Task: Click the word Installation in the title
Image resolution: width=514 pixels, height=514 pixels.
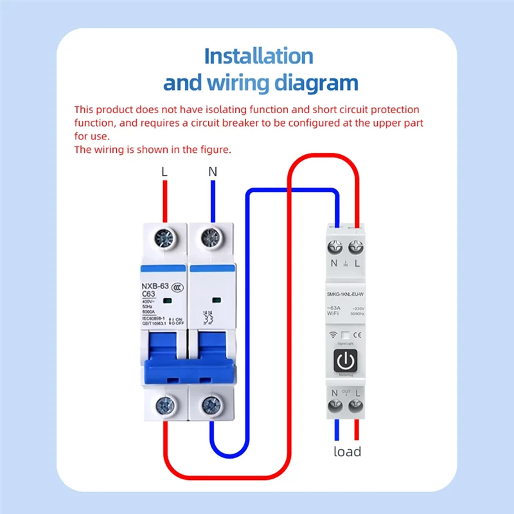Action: [x=258, y=56]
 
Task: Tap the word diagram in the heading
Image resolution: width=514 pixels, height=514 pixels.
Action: [x=313, y=83]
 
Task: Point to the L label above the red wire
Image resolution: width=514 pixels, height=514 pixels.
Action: [x=164, y=172]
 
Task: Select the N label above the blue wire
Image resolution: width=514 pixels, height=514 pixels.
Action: [x=213, y=172]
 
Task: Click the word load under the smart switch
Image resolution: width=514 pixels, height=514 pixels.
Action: [x=347, y=451]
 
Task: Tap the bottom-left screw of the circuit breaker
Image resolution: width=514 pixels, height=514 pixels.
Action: [x=164, y=405]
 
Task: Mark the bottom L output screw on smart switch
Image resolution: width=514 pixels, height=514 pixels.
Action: [x=355, y=406]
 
